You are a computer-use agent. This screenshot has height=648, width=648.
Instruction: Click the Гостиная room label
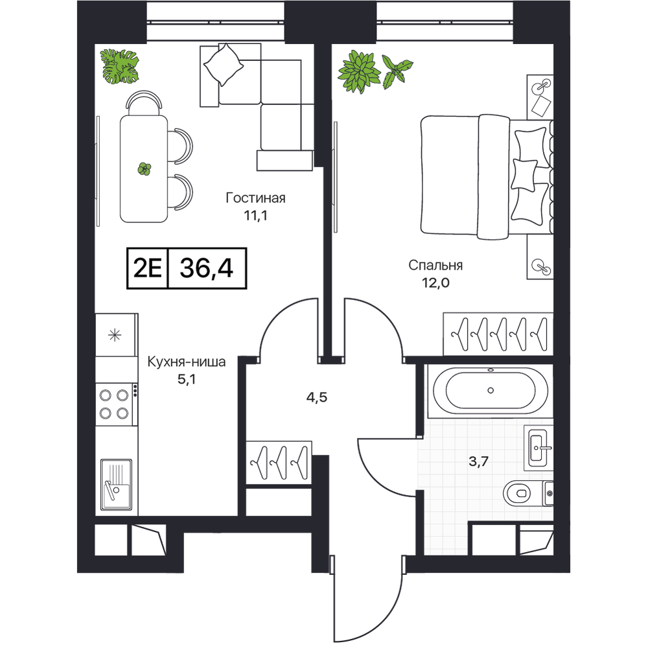pos(255,198)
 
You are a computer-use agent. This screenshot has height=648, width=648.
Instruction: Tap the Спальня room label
pos(435,265)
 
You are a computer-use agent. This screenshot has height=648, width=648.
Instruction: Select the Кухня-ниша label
pos(187,362)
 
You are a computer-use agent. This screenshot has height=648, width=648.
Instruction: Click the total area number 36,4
pos(206,268)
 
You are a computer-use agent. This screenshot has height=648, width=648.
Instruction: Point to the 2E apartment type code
pos(148,269)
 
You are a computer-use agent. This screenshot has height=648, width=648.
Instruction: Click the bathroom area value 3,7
pos(479,461)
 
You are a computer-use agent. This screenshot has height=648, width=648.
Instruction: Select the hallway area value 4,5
pos(317,398)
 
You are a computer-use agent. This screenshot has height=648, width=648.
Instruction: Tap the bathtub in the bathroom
pos(490,391)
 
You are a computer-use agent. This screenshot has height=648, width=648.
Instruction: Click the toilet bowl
pos(522,493)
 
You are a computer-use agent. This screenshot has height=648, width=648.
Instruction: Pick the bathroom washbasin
pos(538,448)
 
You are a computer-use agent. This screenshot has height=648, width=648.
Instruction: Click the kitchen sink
pos(116,484)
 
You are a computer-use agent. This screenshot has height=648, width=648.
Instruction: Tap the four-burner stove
pos(116,404)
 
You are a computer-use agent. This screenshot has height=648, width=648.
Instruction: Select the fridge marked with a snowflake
pos(116,335)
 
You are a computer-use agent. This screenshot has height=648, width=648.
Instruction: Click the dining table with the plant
pos(144,169)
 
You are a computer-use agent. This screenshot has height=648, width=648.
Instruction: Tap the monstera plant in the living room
pos(121,66)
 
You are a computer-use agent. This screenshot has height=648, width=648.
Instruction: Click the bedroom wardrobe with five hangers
pos(498,334)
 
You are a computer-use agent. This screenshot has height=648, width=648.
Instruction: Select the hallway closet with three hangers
pos(279,463)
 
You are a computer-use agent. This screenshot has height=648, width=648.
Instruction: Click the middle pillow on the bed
pos(524,175)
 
